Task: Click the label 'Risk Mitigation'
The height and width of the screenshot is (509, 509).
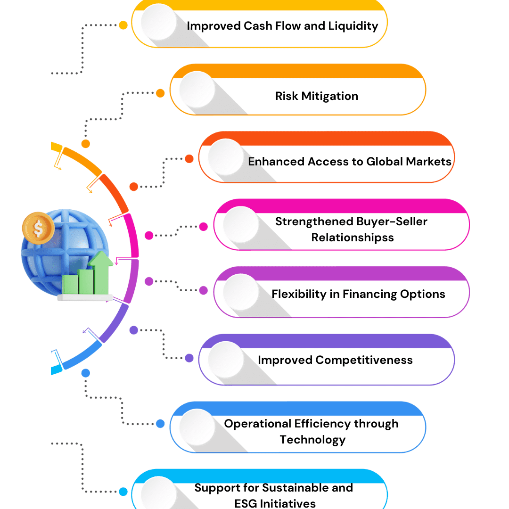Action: pyautogui.click(x=316, y=96)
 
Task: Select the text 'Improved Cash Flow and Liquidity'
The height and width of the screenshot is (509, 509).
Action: pyautogui.click(x=282, y=25)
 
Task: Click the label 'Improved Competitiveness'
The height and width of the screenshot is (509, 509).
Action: pyautogui.click(x=335, y=360)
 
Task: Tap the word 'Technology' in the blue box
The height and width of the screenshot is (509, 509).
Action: pyautogui.click(x=312, y=440)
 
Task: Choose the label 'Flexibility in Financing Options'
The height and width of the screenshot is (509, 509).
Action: pyautogui.click(x=358, y=294)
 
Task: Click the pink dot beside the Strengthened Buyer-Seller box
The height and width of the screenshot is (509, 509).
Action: pyautogui.click(x=203, y=227)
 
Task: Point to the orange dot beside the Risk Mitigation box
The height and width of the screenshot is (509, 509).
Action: pyautogui.click(x=160, y=93)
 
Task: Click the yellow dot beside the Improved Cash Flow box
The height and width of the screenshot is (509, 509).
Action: pyautogui.click(x=123, y=25)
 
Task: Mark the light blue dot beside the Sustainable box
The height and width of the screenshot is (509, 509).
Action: pyautogui.click(x=123, y=492)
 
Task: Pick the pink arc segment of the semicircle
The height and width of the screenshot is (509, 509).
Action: pyautogui.click(x=133, y=236)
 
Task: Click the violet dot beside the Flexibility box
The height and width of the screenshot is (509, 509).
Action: pyautogui.click(x=203, y=291)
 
